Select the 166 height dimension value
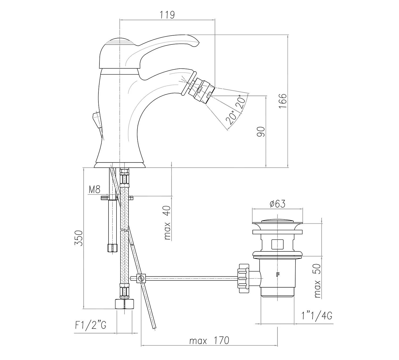click(283, 100)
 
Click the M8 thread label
click(94, 189)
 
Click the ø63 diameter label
click(277, 204)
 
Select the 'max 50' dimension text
click(317, 281)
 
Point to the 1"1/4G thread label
click(317, 316)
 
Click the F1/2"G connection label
click(91, 325)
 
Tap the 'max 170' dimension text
click(209, 341)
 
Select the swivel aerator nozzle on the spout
click(203, 90)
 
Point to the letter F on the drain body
click(278, 275)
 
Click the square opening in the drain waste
click(277, 244)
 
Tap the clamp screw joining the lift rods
click(141, 279)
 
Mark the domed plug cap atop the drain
click(277, 221)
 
